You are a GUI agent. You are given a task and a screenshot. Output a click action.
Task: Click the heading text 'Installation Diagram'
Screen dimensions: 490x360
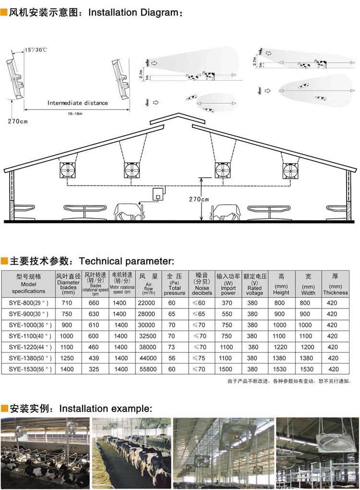pos(133,13)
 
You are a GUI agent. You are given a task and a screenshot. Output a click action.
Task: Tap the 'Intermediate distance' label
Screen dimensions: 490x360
pos(78,103)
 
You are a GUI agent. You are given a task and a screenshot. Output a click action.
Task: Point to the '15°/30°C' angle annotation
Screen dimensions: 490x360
pos(36,49)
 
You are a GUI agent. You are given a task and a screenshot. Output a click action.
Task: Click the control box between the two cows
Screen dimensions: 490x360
pos(158,195)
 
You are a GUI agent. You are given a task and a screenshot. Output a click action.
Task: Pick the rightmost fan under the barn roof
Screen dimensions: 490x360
pos(290,170)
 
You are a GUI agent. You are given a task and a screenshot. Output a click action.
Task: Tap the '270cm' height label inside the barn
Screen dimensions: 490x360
pos(198,199)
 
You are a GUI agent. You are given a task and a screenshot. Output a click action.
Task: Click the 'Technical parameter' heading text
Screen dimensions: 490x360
pos(126,261)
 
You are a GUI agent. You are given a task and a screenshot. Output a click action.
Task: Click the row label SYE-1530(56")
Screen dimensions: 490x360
pos(30,369)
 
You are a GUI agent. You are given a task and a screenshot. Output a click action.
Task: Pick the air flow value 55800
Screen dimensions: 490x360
pos(146,369)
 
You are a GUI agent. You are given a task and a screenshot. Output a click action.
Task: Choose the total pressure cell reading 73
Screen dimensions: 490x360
pos(172,347)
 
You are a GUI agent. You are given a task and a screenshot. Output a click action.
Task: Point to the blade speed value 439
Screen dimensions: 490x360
pos(94,358)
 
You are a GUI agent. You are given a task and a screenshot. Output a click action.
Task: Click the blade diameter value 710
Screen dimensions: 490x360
pos(67,303)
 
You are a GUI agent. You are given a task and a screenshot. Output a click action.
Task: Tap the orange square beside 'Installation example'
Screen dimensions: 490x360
pos(4,409)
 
